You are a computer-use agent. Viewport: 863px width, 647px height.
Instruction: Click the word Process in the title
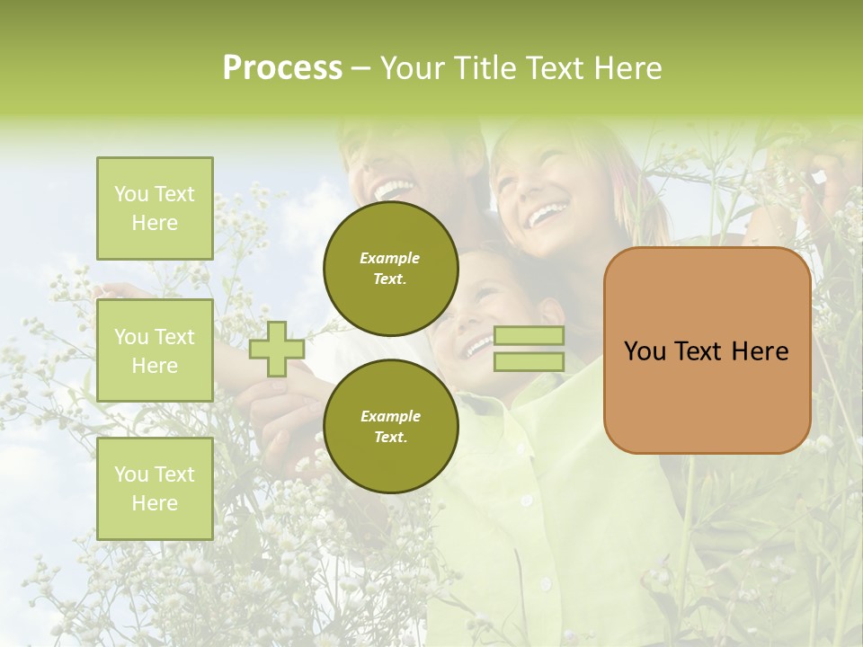pyautogui.click(x=282, y=68)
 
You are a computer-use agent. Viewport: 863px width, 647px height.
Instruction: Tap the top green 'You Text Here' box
pyautogui.click(x=155, y=208)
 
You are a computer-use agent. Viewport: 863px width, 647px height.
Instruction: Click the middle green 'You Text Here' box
pyautogui.click(x=155, y=350)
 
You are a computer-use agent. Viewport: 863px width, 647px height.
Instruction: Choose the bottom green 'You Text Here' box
pyautogui.click(x=155, y=488)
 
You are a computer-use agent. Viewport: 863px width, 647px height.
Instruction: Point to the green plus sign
pyautogui.click(x=277, y=349)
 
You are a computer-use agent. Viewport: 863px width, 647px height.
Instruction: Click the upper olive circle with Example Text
pyautogui.click(x=390, y=268)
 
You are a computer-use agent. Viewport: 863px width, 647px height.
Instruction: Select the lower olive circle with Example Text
pyautogui.click(x=390, y=426)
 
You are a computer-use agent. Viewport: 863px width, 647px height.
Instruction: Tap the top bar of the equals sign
pyautogui.click(x=529, y=336)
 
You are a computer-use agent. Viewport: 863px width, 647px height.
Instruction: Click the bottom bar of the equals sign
pyautogui.click(x=529, y=361)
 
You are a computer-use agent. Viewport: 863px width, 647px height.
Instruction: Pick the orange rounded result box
pyautogui.click(x=707, y=395)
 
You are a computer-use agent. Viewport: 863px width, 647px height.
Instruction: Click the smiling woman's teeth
pyautogui.click(x=546, y=215)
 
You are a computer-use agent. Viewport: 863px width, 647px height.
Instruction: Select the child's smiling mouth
pyautogui.click(x=476, y=346)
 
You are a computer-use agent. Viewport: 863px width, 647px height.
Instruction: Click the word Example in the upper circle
pyautogui.click(x=390, y=258)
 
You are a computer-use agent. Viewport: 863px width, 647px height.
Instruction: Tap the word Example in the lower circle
pyautogui.click(x=390, y=416)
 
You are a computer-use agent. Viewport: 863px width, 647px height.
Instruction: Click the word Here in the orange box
pyautogui.click(x=760, y=351)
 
